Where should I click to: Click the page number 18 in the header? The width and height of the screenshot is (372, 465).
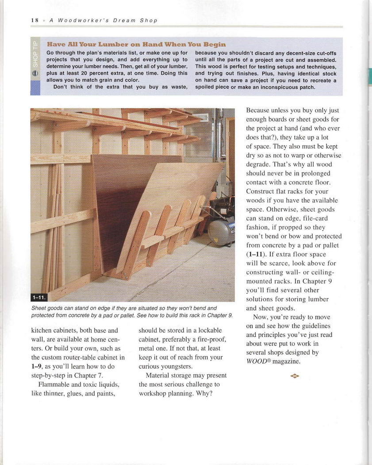tap(35, 20)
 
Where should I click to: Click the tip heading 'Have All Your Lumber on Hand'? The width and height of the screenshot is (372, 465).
tap(136, 44)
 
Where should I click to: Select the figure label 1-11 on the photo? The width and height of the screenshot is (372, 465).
tap(39, 297)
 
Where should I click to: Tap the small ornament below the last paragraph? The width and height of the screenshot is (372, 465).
tap(295, 376)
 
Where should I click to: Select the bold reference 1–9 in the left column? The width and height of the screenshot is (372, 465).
tap(37, 366)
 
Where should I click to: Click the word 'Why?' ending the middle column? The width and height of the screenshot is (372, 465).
tap(204, 393)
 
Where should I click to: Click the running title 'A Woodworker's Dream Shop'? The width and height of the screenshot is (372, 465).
tap(103, 20)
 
